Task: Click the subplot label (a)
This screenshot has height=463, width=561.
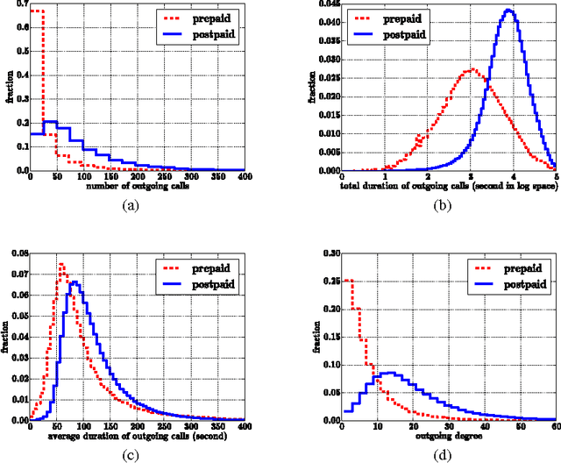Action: tap(131, 204)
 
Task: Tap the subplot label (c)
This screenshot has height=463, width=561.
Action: tap(131, 453)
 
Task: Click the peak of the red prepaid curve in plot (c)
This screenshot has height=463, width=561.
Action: tap(61, 263)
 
